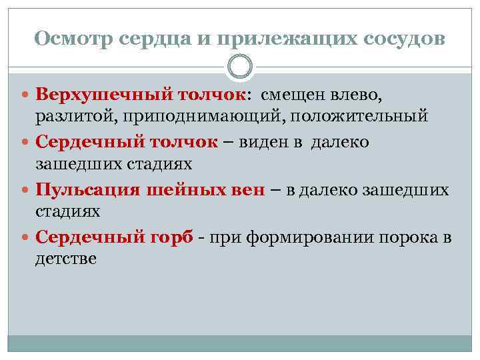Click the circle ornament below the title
[x=240, y=67]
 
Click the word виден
[x=269, y=141]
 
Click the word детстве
[x=65, y=259]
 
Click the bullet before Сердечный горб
[x=25, y=237]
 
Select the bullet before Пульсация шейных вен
[x=25, y=189]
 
